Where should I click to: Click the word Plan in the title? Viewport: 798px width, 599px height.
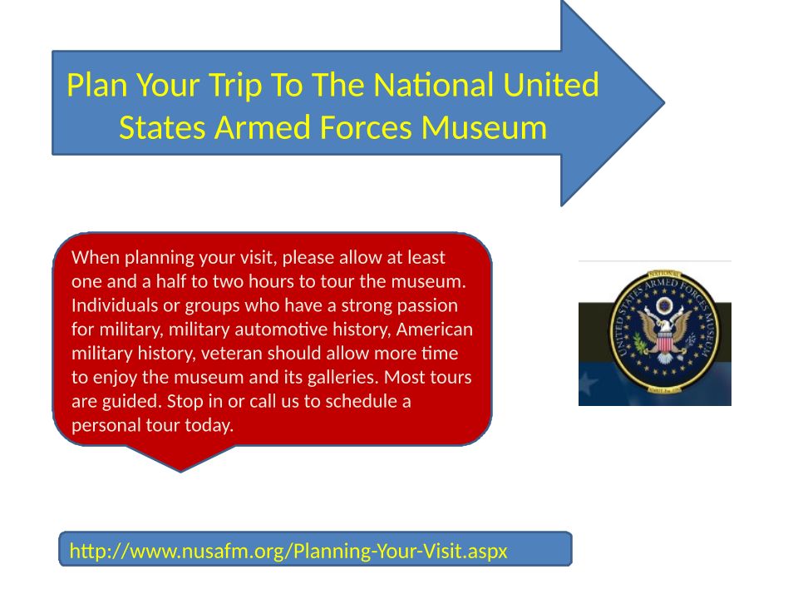[x=96, y=85]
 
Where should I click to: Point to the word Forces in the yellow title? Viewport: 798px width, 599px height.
[x=366, y=127]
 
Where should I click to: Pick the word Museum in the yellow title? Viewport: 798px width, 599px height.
[x=484, y=127]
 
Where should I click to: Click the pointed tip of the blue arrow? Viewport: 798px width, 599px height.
[x=664, y=103]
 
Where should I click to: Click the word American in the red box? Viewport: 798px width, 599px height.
[x=435, y=329]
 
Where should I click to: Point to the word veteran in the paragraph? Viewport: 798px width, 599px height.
[x=232, y=353]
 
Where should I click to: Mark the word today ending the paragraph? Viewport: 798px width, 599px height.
[x=209, y=425]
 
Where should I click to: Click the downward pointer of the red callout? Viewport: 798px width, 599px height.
[x=180, y=470]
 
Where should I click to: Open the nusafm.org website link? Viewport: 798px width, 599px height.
[x=288, y=551]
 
